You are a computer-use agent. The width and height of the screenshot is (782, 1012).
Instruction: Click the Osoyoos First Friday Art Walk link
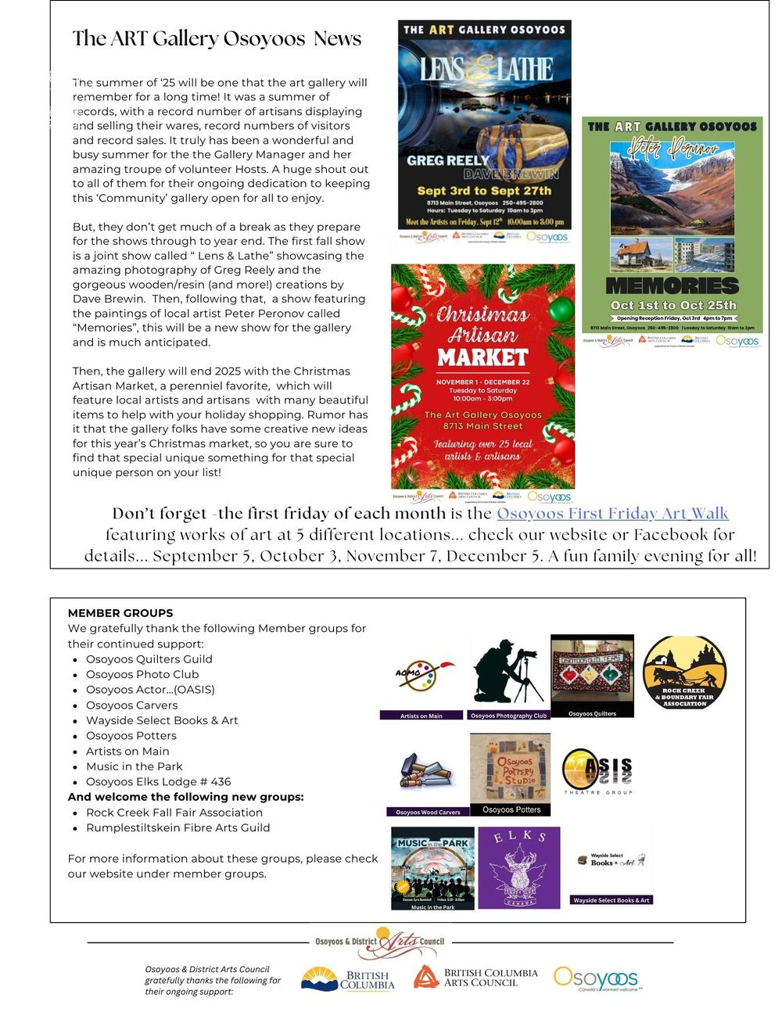[x=612, y=514]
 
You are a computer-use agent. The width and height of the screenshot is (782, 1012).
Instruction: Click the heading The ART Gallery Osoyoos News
[x=217, y=38]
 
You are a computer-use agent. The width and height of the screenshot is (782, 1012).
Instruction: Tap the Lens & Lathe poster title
[x=486, y=70]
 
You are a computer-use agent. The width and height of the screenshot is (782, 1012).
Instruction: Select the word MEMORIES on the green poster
[x=672, y=285]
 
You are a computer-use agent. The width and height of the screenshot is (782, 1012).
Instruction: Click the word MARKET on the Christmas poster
[x=482, y=357]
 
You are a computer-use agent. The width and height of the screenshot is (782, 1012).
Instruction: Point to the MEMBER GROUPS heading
[x=120, y=613]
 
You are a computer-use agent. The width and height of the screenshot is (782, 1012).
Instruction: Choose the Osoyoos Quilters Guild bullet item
[x=149, y=659]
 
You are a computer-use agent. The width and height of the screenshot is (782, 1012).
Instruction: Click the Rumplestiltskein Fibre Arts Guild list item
[x=178, y=827]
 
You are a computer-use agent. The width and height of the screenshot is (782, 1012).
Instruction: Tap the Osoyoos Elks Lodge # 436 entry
[x=158, y=781]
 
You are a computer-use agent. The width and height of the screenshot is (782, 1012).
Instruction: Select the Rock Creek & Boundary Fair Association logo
[x=684, y=673]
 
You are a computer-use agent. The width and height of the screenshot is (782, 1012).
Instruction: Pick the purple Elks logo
[x=519, y=867]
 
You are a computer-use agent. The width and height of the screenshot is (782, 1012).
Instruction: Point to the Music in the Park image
[x=432, y=867]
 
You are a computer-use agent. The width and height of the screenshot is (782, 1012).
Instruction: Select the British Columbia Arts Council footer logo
[x=476, y=978]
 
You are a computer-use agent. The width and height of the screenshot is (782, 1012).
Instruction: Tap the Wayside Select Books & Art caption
[x=612, y=900]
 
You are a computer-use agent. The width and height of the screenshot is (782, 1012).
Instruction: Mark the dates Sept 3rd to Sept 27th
[x=484, y=191]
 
